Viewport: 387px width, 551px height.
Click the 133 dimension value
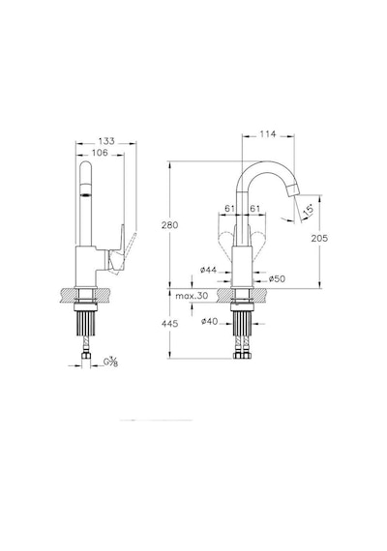[x=106, y=141]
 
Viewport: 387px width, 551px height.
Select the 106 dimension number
[x=100, y=153]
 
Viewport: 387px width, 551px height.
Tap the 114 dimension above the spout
[x=268, y=134]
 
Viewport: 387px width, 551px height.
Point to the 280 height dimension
[x=170, y=225]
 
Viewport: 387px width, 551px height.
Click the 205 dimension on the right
[x=319, y=238]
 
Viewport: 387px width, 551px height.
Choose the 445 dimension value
[x=170, y=324]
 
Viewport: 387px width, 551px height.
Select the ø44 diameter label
[x=208, y=270]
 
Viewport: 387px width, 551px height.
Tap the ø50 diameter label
[x=278, y=279]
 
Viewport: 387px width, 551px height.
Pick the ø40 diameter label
[x=210, y=321]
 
